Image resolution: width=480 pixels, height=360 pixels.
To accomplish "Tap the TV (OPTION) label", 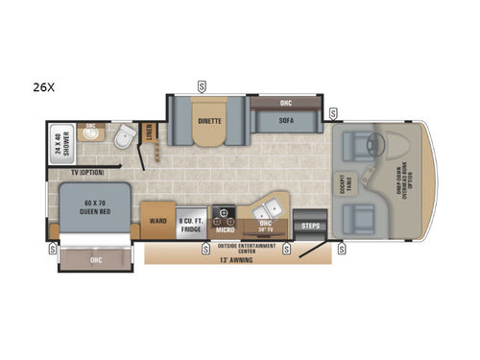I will click(x=86, y=173).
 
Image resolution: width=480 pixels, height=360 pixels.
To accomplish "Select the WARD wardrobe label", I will click(x=158, y=218).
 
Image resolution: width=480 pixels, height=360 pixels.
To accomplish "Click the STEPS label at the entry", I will click(x=309, y=227).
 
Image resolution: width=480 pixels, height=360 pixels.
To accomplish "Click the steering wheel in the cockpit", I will click(x=381, y=146).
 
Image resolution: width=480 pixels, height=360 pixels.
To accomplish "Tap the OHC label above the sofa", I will click(x=285, y=104).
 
